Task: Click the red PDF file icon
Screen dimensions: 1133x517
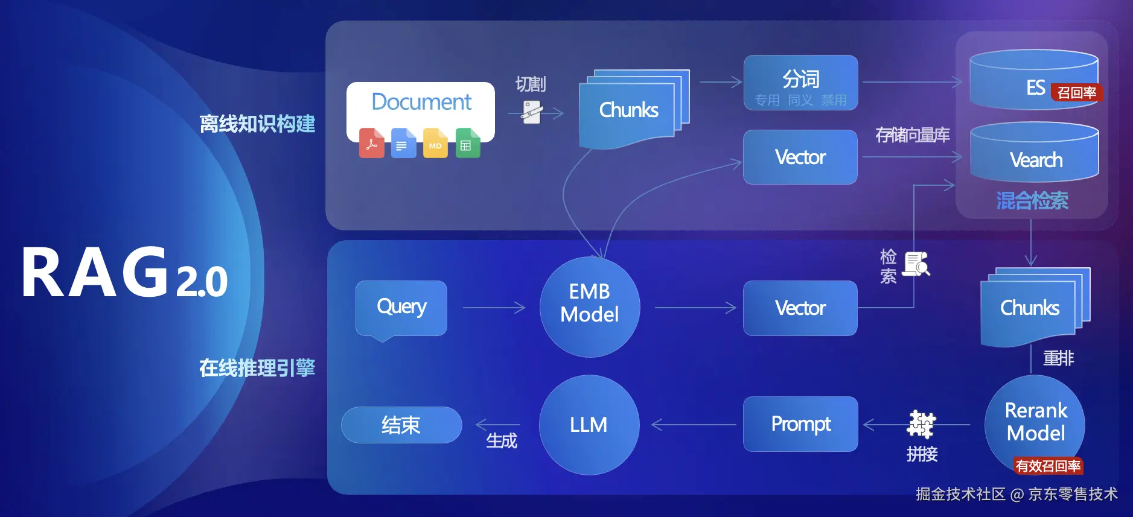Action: tap(371, 143)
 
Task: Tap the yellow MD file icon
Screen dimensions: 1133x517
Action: tap(435, 143)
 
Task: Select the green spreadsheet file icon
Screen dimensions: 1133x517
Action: tap(468, 143)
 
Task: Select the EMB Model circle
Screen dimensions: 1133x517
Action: tap(590, 307)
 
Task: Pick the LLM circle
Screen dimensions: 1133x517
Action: tap(589, 425)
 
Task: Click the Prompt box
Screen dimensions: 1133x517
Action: tap(800, 424)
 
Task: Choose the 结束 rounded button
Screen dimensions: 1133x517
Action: tap(401, 425)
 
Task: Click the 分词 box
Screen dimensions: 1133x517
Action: tap(800, 83)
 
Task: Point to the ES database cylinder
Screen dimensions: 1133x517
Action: tap(1033, 80)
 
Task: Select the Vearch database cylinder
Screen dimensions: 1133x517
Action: tap(1035, 153)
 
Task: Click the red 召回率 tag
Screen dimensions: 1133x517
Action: tap(1077, 92)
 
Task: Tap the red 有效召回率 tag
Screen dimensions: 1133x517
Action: tap(1048, 466)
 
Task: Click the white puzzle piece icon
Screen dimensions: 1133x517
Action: tap(921, 424)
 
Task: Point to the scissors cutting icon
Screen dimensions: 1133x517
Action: tap(532, 112)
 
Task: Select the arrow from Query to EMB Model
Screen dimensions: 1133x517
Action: tap(494, 308)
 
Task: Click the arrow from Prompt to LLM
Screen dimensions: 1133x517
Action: tap(694, 425)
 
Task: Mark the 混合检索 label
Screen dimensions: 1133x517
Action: tap(1032, 201)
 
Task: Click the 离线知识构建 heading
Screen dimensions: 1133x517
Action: tap(257, 124)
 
